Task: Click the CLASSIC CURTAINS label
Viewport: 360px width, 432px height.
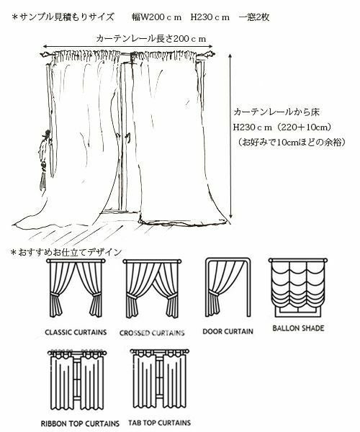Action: [x=76, y=332]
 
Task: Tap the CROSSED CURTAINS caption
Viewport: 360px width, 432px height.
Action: [x=152, y=333]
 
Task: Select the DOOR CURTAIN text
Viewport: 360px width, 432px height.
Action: [x=228, y=331]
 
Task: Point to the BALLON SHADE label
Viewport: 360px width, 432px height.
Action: [x=298, y=328]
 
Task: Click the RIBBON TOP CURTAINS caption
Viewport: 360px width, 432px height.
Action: [x=80, y=423]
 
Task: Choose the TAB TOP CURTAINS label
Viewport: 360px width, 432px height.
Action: [x=159, y=423]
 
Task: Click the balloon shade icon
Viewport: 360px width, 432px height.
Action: [x=298, y=288]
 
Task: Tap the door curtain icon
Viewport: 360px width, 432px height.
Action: [x=228, y=287]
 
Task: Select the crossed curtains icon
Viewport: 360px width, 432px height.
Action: [x=152, y=289]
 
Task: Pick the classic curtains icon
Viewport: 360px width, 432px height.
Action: [x=76, y=288]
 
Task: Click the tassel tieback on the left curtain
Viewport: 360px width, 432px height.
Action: [x=44, y=160]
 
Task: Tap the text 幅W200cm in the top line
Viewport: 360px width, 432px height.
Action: [x=156, y=17]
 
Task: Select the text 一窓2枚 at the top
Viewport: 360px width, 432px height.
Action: [x=254, y=17]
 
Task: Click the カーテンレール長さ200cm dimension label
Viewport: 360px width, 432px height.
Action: [x=151, y=39]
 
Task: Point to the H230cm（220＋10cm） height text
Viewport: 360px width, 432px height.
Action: [x=282, y=127]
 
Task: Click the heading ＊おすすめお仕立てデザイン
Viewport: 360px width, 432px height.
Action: [x=66, y=252]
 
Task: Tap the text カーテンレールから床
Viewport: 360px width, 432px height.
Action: [x=276, y=112]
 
